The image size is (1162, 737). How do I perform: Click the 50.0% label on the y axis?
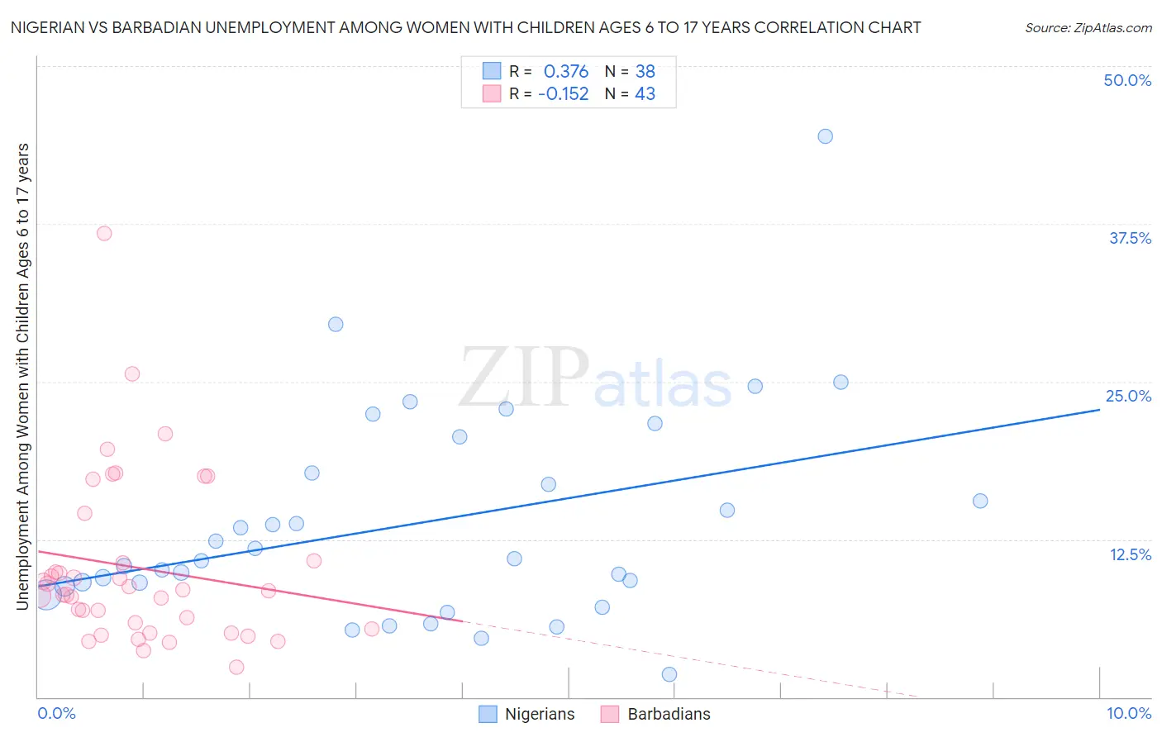(1127, 80)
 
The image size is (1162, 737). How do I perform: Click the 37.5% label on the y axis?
(1130, 238)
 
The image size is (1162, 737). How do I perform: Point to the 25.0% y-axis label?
(1128, 396)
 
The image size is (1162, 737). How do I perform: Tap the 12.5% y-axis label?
(1130, 554)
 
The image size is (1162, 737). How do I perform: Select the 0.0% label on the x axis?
(56, 713)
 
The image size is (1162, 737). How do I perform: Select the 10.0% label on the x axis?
(1128, 713)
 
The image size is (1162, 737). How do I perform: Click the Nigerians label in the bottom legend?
(539, 714)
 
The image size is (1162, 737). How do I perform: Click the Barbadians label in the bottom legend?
(669, 714)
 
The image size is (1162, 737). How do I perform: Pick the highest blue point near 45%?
(825, 136)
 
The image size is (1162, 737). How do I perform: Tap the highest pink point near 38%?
(104, 233)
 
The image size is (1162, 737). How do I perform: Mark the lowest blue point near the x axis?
(669, 674)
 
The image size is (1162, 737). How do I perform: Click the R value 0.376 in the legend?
(566, 72)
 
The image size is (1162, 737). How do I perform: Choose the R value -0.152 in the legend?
(563, 94)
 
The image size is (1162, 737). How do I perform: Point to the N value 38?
(645, 72)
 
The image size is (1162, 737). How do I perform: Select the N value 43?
(645, 94)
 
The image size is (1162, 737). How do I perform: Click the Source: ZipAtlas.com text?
(1088, 28)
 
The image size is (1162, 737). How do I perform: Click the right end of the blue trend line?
(1099, 409)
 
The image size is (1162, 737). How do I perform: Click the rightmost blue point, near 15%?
(980, 501)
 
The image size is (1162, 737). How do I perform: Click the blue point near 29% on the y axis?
(336, 324)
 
